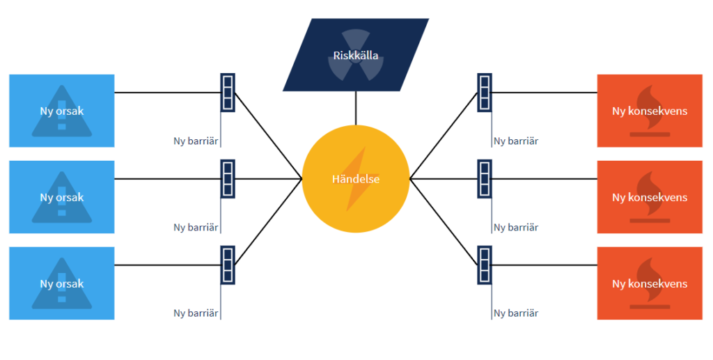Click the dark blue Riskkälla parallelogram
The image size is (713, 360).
click(356, 55)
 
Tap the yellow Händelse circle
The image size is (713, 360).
click(356, 179)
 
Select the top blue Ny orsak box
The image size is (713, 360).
click(61, 111)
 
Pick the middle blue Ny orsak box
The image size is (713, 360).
click(61, 197)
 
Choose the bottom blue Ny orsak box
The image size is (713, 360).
click(61, 283)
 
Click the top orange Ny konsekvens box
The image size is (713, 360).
click(650, 111)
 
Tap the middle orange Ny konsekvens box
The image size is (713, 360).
click(650, 197)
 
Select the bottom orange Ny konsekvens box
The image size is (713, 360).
click(650, 283)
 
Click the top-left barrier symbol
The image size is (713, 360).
click(228, 93)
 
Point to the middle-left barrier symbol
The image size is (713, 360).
click(228, 179)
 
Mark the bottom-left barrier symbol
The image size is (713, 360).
click(228, 265)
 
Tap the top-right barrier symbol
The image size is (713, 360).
click(485, 93)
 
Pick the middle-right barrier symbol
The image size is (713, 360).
click(485, 179)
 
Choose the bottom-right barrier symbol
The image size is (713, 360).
click(485, 265)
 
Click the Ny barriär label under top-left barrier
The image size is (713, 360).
click(196, 141)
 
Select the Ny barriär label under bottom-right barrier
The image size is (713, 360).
click(516, 314)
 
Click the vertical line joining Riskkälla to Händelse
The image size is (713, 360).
click(356, 109)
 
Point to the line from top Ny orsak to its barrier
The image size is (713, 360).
click(167, 93)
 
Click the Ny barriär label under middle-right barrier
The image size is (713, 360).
click(516, 228)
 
